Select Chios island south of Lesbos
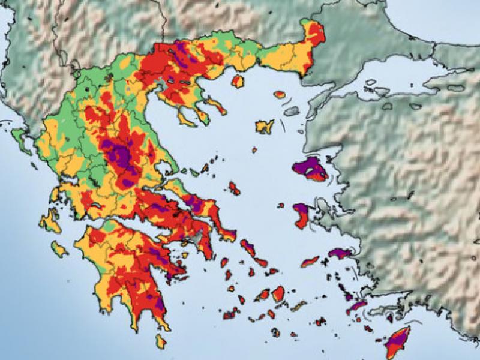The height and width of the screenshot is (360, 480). click(x=302, y=215)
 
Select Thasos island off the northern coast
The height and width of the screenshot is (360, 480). click(x=238, y=81)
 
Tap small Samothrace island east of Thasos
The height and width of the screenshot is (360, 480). click(x=280, y=94)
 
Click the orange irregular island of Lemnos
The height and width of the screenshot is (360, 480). click(x=265, y=126)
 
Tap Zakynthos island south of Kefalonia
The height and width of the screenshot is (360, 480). click(x=59, y=247)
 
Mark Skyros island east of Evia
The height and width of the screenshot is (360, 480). click(x=234, y=188)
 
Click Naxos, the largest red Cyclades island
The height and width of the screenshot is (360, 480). click(x=278, y=293)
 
